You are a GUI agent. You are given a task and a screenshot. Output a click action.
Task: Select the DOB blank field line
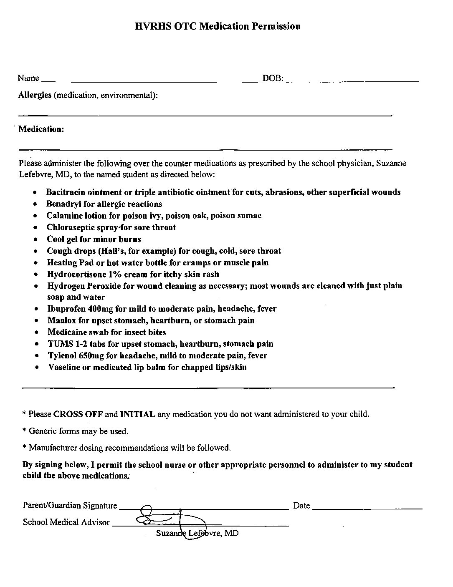(x=352, y=81)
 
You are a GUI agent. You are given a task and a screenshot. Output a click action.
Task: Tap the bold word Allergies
(x=35, y=95)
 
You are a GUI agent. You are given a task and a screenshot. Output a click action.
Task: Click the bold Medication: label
(x=41, y=129)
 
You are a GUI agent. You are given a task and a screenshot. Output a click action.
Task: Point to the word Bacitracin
(x=66, y=192)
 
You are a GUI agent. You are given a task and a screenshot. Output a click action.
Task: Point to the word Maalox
(x=61, y=320)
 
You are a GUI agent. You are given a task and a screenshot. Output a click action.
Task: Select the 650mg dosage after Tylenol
(x=89, y=355)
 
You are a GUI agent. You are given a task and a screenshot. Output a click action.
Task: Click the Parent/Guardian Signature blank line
(x=204, y=509)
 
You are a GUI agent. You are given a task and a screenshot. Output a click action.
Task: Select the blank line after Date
(x=367, y=509)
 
